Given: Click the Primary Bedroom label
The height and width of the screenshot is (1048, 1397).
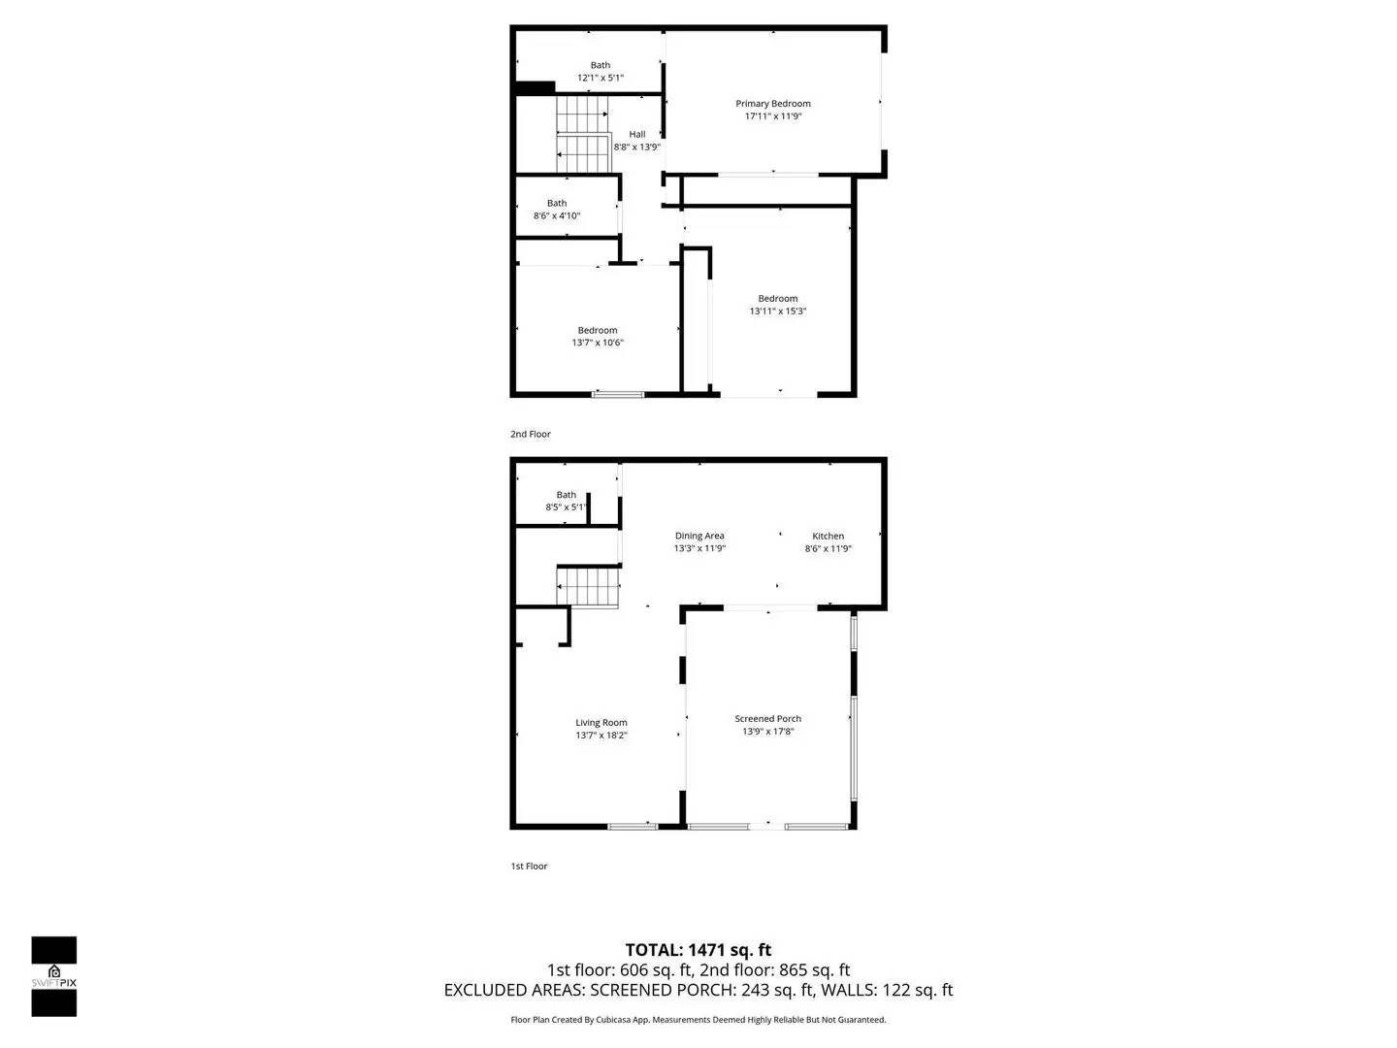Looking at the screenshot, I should pos(772,104).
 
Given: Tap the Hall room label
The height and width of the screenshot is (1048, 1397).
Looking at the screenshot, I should pos(636,135).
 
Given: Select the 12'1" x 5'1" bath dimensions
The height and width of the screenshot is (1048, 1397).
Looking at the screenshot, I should pos(601,78).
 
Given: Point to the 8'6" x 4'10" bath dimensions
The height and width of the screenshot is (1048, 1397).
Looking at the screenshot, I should pos(557,216).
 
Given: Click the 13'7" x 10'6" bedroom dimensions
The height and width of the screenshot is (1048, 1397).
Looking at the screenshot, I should pos(598,343).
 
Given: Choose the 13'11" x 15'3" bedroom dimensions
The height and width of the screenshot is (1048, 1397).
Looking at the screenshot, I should pos(778,311).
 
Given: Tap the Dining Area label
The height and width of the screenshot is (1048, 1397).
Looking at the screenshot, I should pos(699,536).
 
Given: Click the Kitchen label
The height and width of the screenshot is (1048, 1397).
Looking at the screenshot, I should pos(828,536).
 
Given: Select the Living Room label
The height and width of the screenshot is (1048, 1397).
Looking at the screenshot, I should pos(601,722).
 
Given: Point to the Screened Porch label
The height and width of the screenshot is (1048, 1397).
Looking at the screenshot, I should pos(767,719).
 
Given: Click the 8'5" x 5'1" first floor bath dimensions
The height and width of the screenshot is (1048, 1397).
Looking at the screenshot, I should pos(567,508).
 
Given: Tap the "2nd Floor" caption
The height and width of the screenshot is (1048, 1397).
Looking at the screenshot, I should pos(531,434).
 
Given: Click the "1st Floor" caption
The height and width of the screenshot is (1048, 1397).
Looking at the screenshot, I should pos(529,866).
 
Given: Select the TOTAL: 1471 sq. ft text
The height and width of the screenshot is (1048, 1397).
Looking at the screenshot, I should pos(698,950).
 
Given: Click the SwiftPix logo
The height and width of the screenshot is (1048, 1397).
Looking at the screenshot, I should pos(54,975).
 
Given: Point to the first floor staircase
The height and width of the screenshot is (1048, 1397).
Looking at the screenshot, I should pos(587,586).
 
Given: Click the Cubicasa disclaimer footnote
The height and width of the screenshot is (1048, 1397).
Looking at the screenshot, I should pos(698,1020).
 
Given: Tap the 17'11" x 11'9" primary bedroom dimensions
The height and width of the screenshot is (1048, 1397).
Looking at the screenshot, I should pos(773,116).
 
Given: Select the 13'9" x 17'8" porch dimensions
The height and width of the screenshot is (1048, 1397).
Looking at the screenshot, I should pos(767,732).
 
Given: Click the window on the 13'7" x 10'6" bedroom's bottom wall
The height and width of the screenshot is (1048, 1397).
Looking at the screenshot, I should pos(618,394).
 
